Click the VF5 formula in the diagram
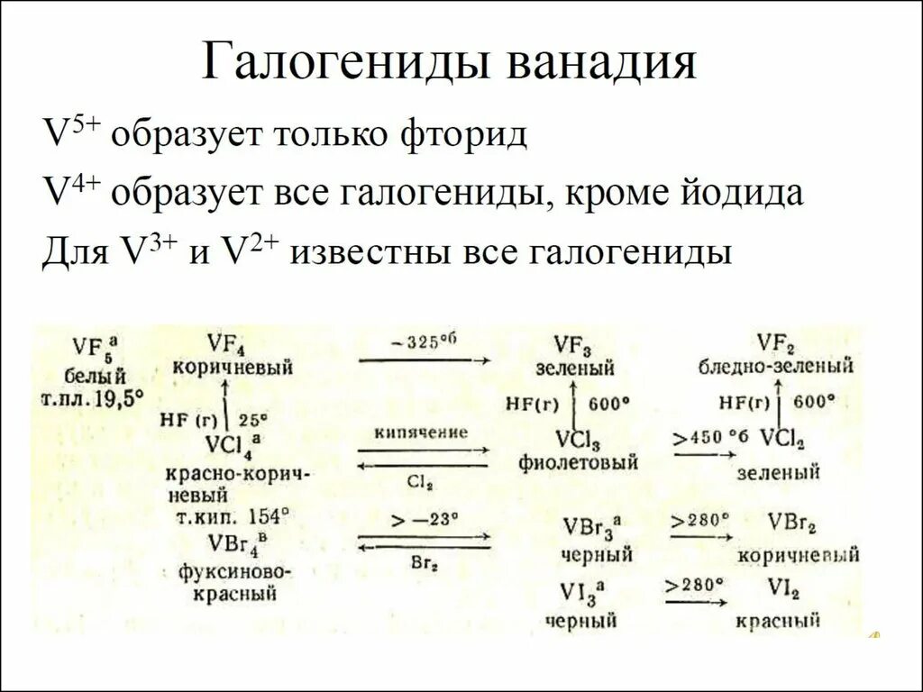point(90,348)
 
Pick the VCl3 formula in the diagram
point(578,440)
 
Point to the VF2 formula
point(776,343)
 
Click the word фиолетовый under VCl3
point(578,462)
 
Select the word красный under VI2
point(777,621)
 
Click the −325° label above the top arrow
point(424,343)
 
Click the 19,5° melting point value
point(118,396)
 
